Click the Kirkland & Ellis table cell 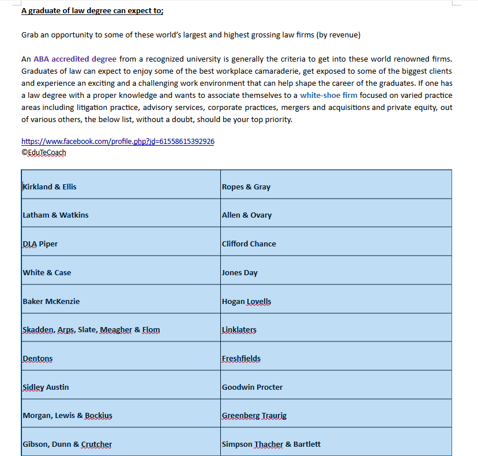[50, 187]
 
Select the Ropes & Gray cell [246, 187]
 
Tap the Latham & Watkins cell [56, 215]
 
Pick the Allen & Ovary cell [247, 215]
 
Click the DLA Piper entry [40, 244]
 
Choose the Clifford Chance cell [249, 244]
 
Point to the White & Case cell [47, 272]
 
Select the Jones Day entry [240, 272]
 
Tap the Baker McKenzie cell [51, 301]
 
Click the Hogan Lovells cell [247, 301]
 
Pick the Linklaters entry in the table [239, 329]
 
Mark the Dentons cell [37, 358]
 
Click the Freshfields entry [241, 358]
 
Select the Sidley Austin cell [46, 387]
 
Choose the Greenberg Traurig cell [254, 415]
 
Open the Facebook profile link [118, 141]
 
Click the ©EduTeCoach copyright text [44, 153]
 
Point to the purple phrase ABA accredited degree [75, 59]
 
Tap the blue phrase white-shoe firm [329, 95]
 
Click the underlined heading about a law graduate [92, 10]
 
